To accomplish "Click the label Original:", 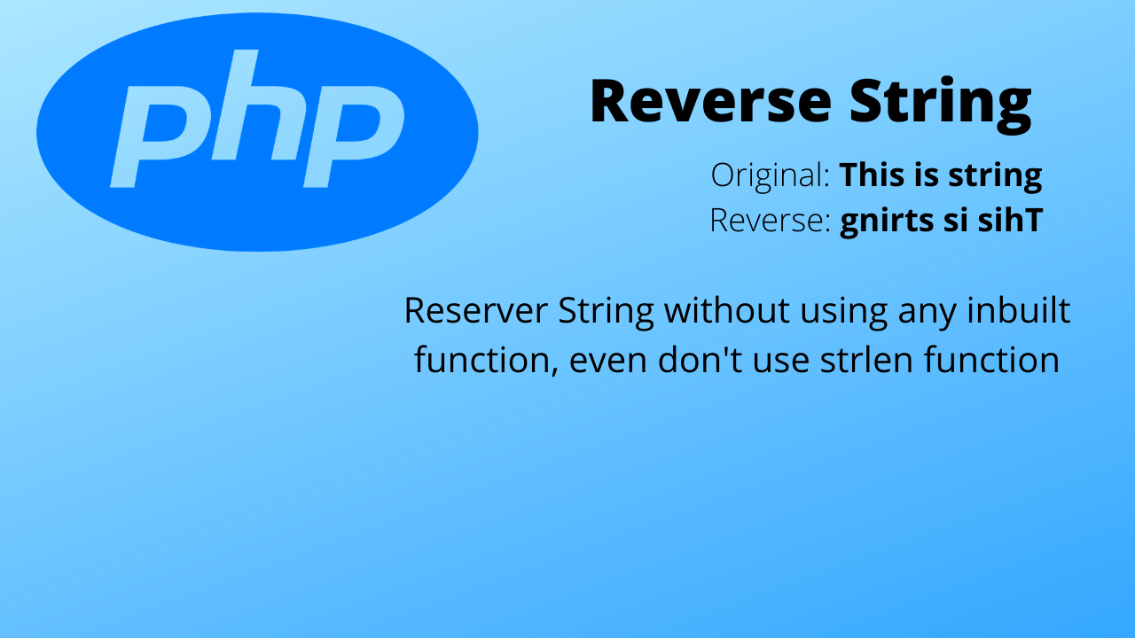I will (770, 176).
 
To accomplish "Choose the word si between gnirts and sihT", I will (954, 221).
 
